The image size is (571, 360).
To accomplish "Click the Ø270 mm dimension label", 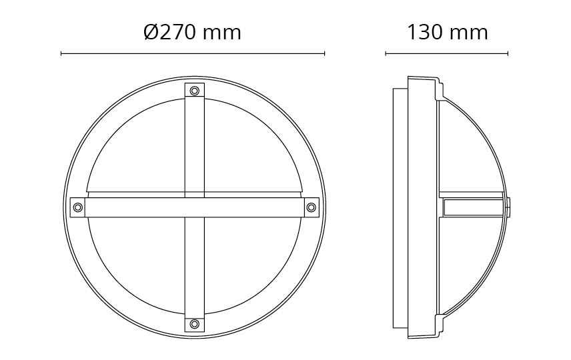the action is [192, 32].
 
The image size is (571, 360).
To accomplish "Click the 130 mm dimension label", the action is [447, 32].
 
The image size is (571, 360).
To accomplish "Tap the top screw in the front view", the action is [195, 90].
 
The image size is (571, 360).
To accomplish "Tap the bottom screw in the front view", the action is [195, 323].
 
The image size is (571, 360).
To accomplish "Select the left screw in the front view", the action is [77, 207].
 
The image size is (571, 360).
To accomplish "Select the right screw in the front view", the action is [311, 207].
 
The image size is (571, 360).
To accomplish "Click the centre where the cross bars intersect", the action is [195, 207].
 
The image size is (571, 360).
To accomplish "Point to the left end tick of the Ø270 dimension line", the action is [61, 54].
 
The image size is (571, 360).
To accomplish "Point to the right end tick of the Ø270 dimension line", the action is [324, 54].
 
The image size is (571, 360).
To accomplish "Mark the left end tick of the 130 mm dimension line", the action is [386, 54].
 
